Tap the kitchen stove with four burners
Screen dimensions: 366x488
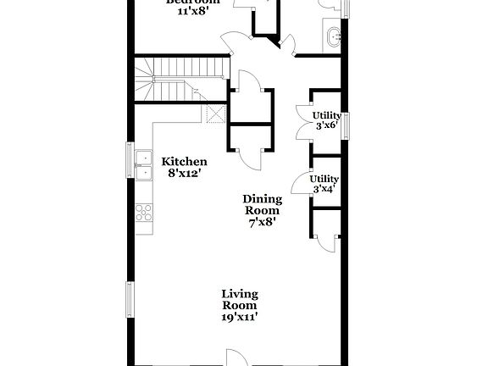[145, 214]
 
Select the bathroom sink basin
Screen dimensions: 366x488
[332, 36]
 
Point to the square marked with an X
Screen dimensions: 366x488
[216, 113]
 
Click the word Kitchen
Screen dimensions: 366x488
[184, 161]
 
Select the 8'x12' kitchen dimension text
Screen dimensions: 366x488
[184, 174]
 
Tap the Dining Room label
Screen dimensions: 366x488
[263, 204]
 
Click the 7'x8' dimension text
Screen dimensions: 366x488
[263, 223]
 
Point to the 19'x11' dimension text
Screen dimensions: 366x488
[240, 317]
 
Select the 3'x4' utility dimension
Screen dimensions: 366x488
[324, 189]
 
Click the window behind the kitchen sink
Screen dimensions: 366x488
[130, 164]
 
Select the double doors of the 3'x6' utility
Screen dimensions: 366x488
[302, 119]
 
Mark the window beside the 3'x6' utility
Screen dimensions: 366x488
[345, 125]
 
